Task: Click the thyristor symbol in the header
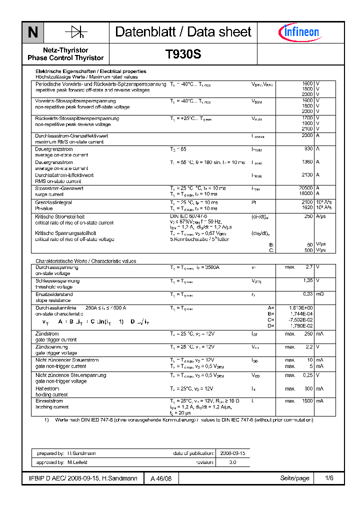pos(76,32)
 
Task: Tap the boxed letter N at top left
pos(32,32)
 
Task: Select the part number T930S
pos(183,54)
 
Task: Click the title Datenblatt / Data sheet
pos(183,32)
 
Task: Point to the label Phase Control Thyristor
pos(65,58)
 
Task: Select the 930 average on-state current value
pos(308,149)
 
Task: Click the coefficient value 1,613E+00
pos(301,308)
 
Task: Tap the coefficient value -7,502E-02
pos(300,320)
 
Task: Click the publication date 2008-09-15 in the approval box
pos(232,453)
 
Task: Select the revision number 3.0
pos(232,462)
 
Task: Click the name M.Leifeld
pos(77,462)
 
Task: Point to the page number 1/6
pos(329,478)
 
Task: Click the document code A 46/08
pos(161,478)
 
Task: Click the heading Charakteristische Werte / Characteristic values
pos(85,261)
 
